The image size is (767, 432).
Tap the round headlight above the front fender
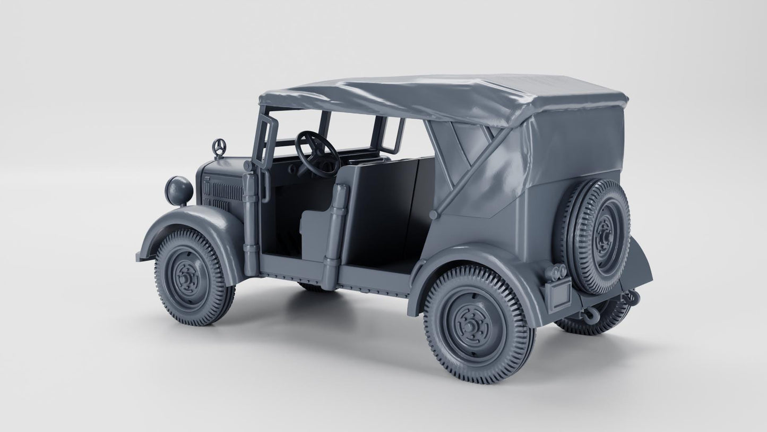point(179,190)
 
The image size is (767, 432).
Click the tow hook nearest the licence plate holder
point(589,317)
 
